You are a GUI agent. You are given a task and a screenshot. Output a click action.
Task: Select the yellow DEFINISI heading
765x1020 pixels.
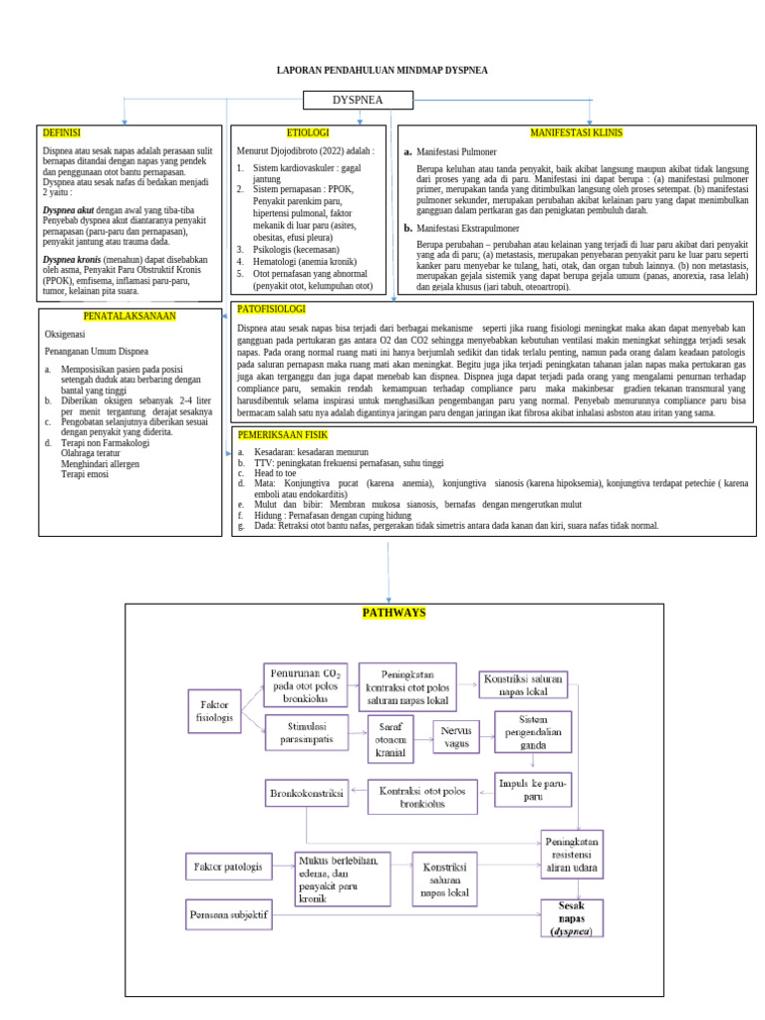point(62,132)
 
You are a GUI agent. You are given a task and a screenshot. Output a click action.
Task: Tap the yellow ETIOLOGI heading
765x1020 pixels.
point(308,132)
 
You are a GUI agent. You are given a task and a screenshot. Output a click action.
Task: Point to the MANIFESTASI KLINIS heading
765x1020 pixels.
point(576,132)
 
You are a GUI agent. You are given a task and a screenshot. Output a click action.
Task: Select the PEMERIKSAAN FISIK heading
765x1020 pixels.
point(282,435)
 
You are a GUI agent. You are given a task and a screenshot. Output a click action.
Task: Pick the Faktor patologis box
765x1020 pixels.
point(228,867)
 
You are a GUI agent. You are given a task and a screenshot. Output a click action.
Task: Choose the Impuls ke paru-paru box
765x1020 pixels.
point(533,790)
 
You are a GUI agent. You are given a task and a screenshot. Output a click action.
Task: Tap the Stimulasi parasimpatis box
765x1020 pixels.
point(308,734)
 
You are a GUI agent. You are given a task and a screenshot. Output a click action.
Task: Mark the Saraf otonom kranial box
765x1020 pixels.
point(389,738)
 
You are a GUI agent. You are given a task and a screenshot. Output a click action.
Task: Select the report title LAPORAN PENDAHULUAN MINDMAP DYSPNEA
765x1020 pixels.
point(382,72)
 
